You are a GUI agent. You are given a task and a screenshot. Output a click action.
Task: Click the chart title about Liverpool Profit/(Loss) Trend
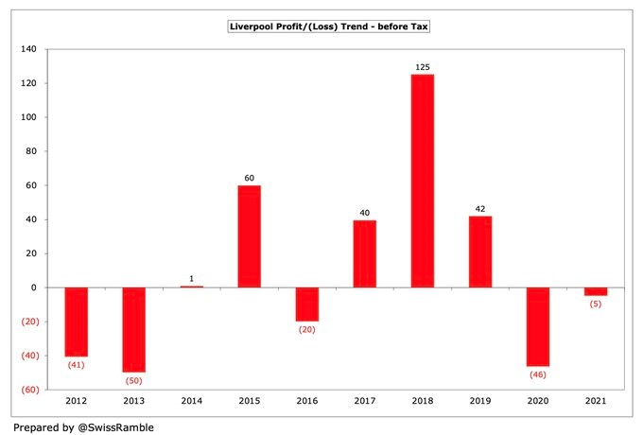(x=329, y=26)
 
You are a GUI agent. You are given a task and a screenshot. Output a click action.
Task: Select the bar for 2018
(x=422, y=181)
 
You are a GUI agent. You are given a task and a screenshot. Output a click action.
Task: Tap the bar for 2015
(x=249, y=236)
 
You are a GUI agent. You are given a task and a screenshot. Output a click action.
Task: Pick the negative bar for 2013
(x=133, y=329)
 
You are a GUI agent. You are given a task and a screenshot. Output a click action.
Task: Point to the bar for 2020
(x=538, y=326)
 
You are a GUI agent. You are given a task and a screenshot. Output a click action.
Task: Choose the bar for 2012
(x=76, y=322)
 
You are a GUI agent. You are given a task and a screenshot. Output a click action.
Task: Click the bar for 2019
(x=479, y=252)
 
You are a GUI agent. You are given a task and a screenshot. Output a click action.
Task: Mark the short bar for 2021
(x=596, y=291)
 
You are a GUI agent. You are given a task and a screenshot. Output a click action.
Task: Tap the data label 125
(x=422, y=67)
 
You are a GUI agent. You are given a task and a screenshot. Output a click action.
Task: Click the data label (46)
(x=538, y=375)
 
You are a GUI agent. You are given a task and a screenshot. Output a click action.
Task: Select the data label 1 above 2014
(x=191, y=279)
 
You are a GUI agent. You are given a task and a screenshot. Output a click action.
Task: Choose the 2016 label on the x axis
(x=306, y=402)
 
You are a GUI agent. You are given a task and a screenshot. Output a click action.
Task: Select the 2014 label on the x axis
(x=191, y=402)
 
